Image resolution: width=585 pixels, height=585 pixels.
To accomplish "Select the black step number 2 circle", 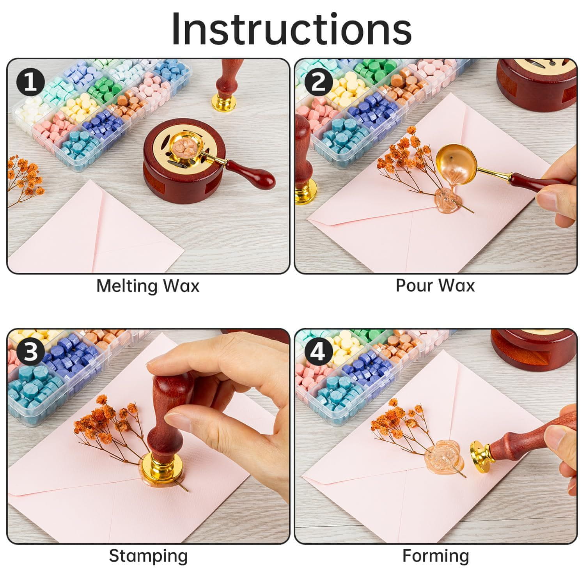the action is pyautogui.click(x=319, y=83).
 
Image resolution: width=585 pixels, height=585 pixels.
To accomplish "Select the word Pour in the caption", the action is pyautogui.click(x=413, y=286).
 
